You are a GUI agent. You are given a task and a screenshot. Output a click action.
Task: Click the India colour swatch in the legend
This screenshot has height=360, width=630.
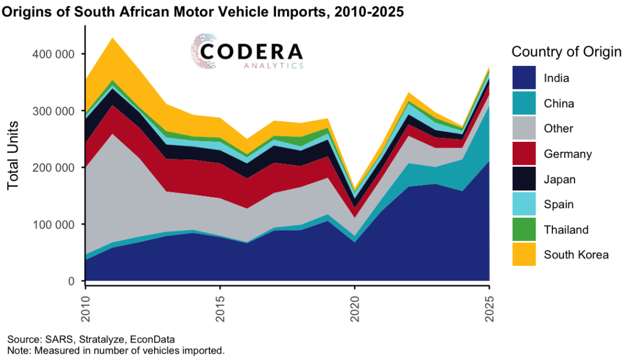pyautogui.click(x=524, y=78)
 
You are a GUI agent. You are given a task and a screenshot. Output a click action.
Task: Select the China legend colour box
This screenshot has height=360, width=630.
pyautogui.click(x=524, y=103)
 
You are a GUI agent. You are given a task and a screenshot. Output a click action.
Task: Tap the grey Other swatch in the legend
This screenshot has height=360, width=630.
pyautogui.click(x=524, y=128)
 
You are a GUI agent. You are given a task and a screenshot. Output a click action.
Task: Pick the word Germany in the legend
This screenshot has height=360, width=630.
pyautogui.click(x=568, y=154)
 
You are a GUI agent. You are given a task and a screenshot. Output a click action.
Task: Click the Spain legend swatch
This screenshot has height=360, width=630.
pyautogui.click(x=524, y=204)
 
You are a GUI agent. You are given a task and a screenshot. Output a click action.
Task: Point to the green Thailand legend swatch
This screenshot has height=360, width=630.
pyautogui.click(x=524, y=229)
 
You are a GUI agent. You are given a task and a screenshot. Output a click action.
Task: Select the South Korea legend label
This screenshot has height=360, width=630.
pyautogui.click(x=576, y=254)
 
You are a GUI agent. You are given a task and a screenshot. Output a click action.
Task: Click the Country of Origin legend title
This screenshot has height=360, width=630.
pyautogui.click(x=566, y=52)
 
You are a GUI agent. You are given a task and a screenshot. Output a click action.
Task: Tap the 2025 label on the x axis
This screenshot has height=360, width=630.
pyautogui.click(x=489, y=305)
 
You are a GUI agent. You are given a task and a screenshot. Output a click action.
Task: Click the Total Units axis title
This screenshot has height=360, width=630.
pyautogui.click(x=13, y=155)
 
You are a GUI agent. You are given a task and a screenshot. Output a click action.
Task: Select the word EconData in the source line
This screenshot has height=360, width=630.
pyautogui.click(x=154, y=340)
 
